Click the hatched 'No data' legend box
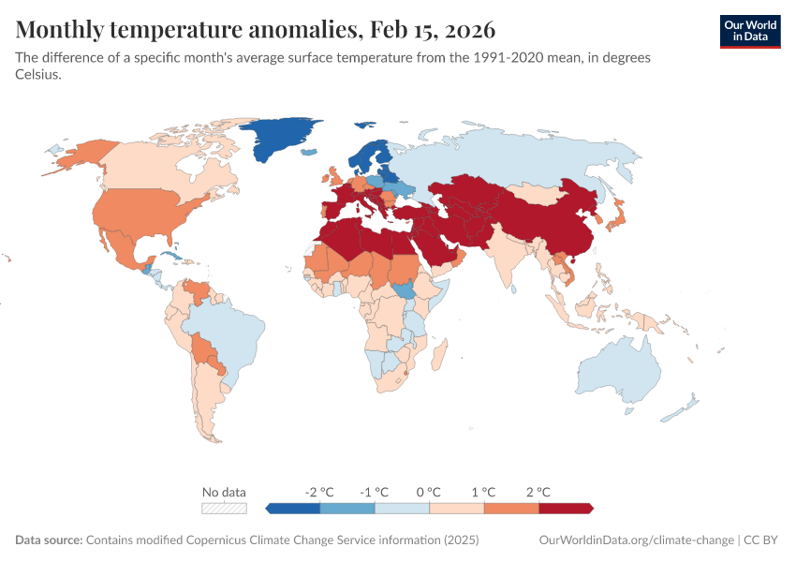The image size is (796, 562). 225,508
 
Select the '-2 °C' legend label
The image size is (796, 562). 319,492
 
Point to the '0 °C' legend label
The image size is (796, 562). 428,492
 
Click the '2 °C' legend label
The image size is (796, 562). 538,492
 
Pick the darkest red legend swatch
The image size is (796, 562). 566,508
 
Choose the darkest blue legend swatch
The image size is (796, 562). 293,508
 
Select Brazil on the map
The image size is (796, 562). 225,333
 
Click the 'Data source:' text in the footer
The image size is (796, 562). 49,540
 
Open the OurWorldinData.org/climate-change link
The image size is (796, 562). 637,540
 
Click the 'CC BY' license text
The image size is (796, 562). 763,540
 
